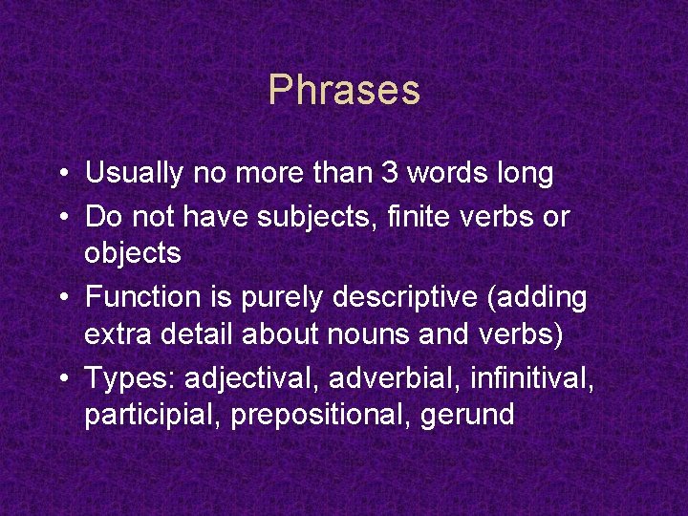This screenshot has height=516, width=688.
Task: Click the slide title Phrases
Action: click(344, 91)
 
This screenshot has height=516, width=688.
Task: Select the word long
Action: click(525, 174)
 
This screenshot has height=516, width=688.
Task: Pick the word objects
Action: click(133, 253)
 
